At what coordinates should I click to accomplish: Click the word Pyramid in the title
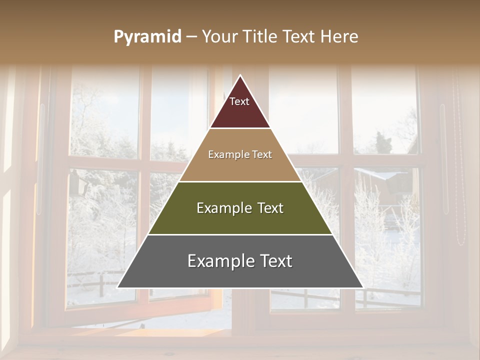pos(147,37)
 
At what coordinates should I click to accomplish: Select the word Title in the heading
pos(260,36)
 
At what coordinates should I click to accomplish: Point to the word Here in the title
pos(339,36)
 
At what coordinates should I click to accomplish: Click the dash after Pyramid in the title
pos(191,37)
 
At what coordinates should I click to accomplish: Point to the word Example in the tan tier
pos(228,155)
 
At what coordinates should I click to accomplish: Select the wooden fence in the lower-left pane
pos(95,282)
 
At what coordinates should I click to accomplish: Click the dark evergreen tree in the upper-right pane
pos(382,142)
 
